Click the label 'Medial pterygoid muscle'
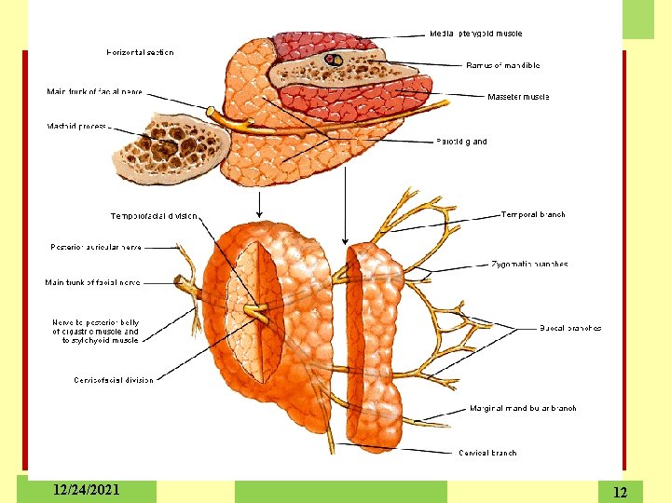coord(475,34)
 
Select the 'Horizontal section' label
coord(140,52)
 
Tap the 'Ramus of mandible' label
coord(502,65)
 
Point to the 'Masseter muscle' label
coord(518,96)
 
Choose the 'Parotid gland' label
coord(461,142)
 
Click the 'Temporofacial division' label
coord(154,216)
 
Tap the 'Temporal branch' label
coord(533,214)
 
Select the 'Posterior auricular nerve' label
coord(98,247)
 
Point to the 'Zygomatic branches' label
coord(529,264)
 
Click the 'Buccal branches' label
coord(570,328)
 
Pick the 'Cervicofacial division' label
coord(114,379)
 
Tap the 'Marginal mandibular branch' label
coord(523,408)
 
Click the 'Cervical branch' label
coord(487,453)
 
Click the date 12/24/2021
coord(87,490)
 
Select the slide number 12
coord(621,491)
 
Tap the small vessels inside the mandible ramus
coord(333,61)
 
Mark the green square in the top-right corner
coord(638,19)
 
